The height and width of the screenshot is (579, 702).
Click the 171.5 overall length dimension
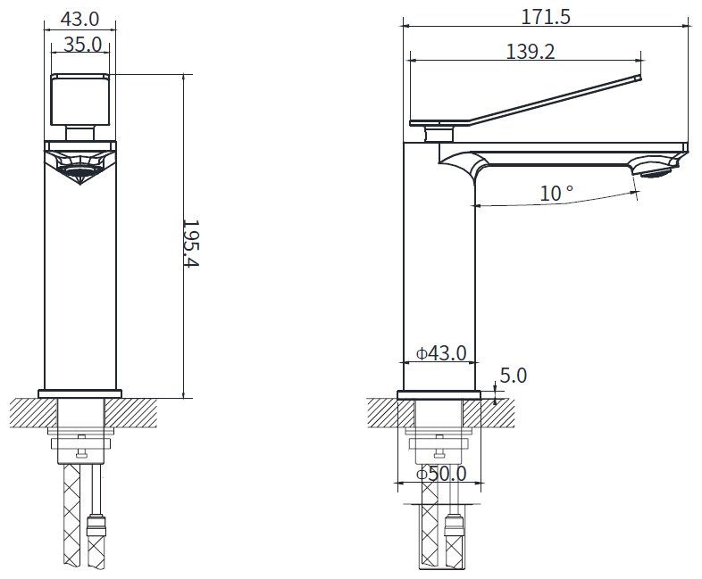click(x=546, y=18)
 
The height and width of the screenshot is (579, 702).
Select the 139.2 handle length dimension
click(x=531, y=52)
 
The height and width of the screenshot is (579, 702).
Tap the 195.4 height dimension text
click(x=191, y=244)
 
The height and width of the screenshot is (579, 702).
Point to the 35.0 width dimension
click(x=83, y=45)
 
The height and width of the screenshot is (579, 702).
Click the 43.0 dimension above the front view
click(x=79, y=19)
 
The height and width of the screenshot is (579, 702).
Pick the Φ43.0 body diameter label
click(x=441, y=353)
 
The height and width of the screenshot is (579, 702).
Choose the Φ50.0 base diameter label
click(x=441, y=474)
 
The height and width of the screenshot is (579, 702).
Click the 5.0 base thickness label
click(x=513, y=376)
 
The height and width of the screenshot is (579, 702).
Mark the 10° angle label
click(x=556, y=194)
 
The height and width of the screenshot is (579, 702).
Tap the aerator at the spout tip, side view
click(x=656, y=171)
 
